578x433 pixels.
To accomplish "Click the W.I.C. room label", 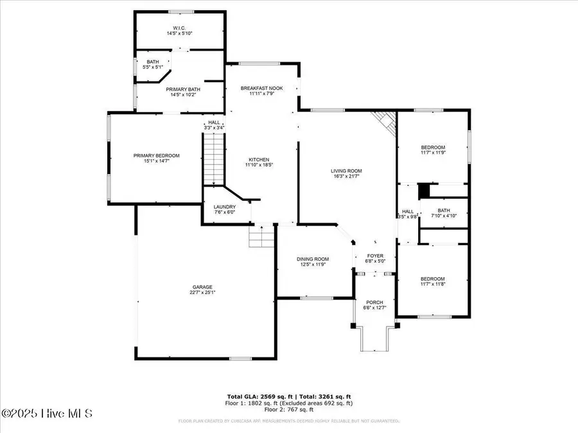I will [x=179, y=29].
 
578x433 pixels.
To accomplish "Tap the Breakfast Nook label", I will [x=261, y=88].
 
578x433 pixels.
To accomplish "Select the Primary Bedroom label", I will [x=156, y=156].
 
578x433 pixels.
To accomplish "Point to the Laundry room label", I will [x=224, y=207].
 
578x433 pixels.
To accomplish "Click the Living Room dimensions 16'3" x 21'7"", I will [x=346, y=176].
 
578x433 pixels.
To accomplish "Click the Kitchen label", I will [x=259, y=160].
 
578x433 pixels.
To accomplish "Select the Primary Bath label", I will [x=182, y=90].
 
